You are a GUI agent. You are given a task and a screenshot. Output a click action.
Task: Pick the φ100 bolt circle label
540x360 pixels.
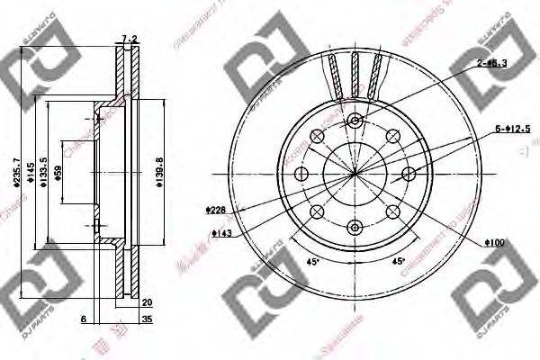[494, 242]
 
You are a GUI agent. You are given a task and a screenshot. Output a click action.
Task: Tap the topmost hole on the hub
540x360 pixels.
[355, 121]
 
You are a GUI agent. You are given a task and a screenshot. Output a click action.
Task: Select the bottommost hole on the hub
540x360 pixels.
[355, 226]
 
